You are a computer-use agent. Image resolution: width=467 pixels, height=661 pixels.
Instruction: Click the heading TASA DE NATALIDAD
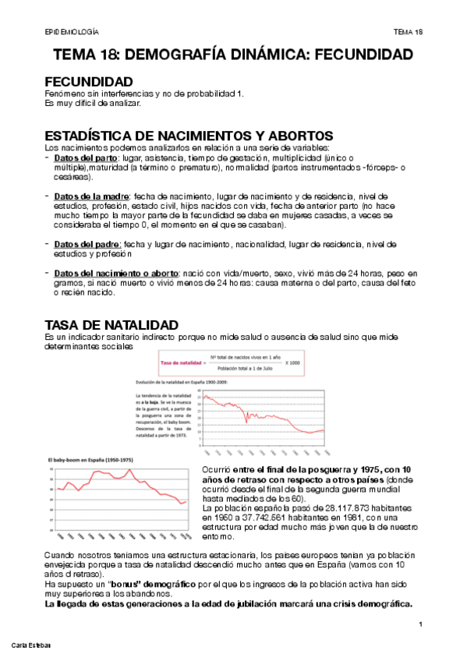(111, 324)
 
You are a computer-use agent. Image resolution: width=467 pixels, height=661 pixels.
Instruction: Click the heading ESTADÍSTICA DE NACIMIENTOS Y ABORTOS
(189, 136)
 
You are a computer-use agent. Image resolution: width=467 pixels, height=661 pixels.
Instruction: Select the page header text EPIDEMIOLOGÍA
(72, 31)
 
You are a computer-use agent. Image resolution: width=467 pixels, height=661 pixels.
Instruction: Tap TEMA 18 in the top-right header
(408, 31)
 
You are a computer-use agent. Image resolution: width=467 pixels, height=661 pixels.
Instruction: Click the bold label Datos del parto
(86, 158)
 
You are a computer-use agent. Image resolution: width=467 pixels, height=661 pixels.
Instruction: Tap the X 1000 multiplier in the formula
(293, 363)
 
